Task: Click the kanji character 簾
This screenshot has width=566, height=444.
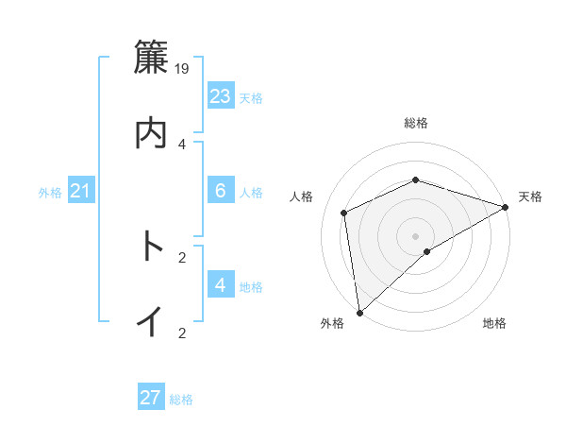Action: point(151,58)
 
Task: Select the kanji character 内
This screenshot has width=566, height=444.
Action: point(151,133)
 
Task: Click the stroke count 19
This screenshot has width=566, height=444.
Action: point(183,68)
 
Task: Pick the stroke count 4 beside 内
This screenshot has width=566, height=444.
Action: point(182,144)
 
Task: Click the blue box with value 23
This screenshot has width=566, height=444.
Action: point(221,96)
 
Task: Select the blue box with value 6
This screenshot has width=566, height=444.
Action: point(221,191)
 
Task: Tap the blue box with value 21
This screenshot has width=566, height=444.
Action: point(80,192)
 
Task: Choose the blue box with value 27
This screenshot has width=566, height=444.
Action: point(151,398)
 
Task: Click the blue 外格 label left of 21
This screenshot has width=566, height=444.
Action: point(50,193)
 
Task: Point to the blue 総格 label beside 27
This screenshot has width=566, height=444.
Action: point(181,400)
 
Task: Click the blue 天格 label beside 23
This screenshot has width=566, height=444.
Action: point(251,98)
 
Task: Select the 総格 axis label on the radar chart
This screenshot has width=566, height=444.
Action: point(416,123)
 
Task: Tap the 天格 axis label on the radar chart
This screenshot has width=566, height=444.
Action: point(530,196)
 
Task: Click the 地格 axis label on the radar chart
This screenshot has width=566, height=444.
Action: point(494,324)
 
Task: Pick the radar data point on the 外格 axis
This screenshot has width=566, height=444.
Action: point(359,313)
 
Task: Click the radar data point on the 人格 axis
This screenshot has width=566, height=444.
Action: point(344,213)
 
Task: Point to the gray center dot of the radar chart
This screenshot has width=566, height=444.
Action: point(416,235)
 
